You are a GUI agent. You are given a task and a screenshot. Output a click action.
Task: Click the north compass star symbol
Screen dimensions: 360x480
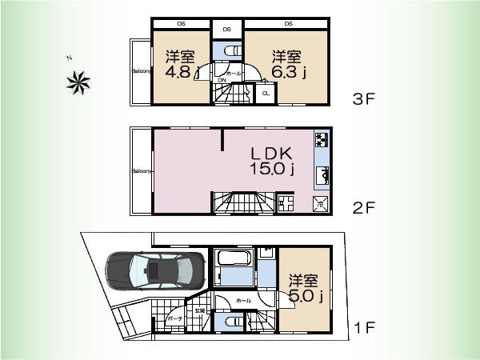point(79,82)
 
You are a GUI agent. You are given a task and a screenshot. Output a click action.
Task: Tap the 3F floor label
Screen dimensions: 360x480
point(364,100)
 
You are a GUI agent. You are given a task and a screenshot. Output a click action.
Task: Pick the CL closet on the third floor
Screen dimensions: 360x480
point(266,94)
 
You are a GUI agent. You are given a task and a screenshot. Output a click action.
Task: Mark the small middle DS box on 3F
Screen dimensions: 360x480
point(227,30)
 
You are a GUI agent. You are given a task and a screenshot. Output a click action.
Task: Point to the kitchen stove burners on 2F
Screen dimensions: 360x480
point(321,141)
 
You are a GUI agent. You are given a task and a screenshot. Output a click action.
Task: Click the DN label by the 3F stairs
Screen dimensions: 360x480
point(221,80)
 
